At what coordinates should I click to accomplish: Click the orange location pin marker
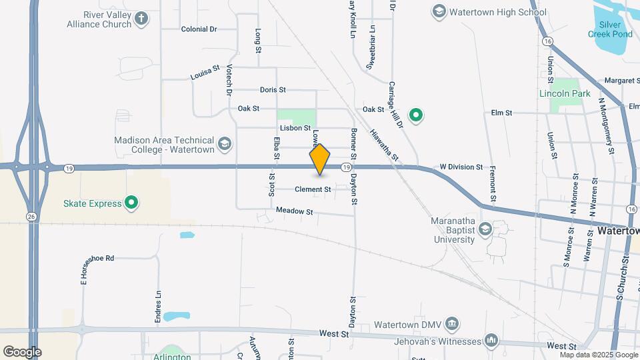320,159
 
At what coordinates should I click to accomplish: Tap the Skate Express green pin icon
132,203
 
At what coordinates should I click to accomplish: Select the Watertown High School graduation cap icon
439,12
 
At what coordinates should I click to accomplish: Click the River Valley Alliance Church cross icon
141,19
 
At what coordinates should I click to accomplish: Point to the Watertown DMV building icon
453,324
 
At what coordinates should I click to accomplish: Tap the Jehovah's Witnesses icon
491,341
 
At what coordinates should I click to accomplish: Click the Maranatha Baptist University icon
485,230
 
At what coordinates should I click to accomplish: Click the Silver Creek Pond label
610,29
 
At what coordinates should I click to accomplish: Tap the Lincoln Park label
565,93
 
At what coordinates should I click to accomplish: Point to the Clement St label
313,189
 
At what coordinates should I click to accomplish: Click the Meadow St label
294,211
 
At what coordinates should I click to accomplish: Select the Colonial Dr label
199,29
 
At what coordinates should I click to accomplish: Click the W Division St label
461,167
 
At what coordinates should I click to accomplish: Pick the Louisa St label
205,73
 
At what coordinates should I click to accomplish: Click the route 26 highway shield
31,216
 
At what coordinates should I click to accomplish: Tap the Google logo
22,351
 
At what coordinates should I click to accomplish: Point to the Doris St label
273,89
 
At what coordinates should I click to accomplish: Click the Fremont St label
493,184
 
